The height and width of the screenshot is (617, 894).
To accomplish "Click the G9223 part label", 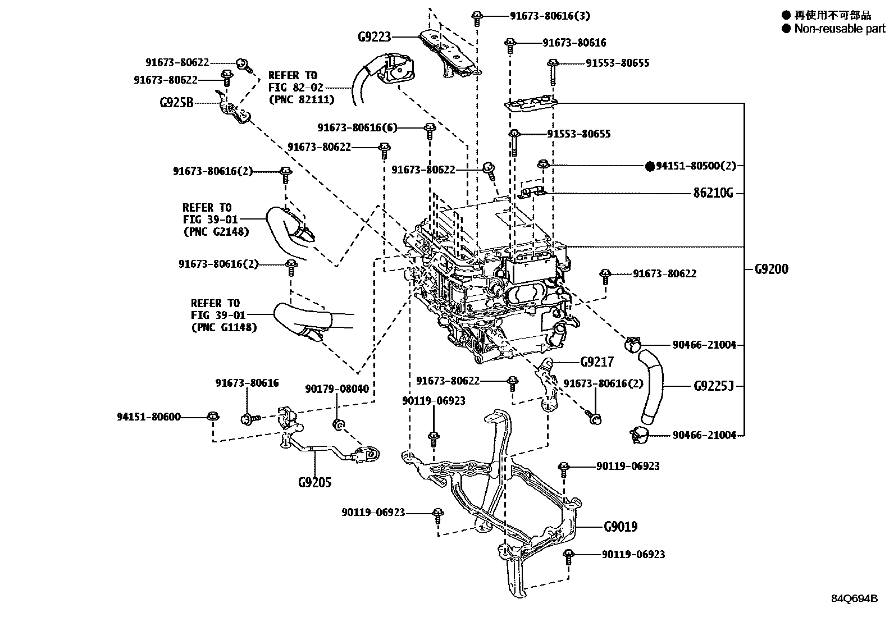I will coord(374,37).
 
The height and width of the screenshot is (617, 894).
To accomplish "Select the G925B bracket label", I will coord(176,103).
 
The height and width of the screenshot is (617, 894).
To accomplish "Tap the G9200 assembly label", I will coord(770,269).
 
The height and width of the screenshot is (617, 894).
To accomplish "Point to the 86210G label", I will coord(713,194).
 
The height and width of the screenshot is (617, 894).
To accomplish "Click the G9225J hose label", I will coord(714,386).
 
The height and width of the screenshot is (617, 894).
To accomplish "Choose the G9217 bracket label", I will coord(597,362).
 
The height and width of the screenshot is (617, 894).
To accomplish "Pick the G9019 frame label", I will coord(621,527).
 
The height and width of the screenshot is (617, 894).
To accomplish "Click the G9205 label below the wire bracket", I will coord(315,482).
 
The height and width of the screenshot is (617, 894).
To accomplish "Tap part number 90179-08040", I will coord(337,389).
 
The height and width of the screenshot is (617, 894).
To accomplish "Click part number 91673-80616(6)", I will coord(357,127).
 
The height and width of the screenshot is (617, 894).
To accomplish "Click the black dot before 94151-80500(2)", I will coord(650,166).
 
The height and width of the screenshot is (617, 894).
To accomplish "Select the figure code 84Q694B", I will coord(854,598).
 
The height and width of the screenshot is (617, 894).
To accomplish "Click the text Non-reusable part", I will coord(840,29).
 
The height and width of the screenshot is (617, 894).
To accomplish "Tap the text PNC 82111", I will coord(302,99).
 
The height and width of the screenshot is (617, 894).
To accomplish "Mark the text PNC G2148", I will coord(216,231).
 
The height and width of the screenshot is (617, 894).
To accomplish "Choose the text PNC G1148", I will coord(223,327).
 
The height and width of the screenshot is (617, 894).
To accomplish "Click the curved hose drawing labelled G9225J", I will coord(653,386).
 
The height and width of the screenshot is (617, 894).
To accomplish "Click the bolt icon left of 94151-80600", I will coord(213,417).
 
